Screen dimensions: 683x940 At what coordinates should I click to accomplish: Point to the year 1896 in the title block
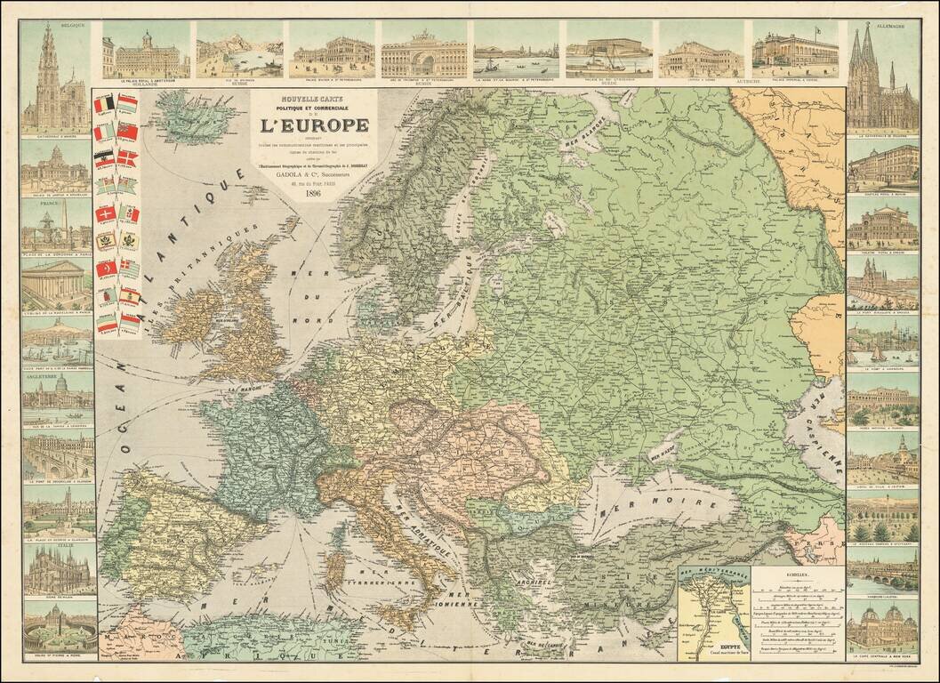pos(312,193)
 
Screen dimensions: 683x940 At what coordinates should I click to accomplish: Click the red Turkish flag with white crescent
pos(106,268)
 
